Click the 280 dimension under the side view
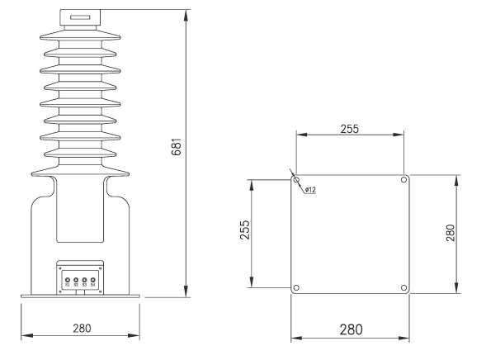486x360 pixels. pyautogui.click(x=81, y=328)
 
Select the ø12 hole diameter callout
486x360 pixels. pyautogui.click(x=311, y=190)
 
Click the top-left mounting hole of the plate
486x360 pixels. pyautogui.click(x=297, y=180)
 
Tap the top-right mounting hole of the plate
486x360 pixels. pyautogui.click(x=403, y=180)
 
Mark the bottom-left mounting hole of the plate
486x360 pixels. pyautogui.click(x=297, y=287)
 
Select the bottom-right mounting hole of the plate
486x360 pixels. pyautogui.click(x=403, y=287)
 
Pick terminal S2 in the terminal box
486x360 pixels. pyautogui.click(x=76, y=281)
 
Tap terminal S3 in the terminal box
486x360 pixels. pyautogui.click(x=85, y=281)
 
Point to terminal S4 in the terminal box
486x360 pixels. pyautogui.click(x=93, y=281)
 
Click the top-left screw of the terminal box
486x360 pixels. pyautogui.click(x=60, y=267)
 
